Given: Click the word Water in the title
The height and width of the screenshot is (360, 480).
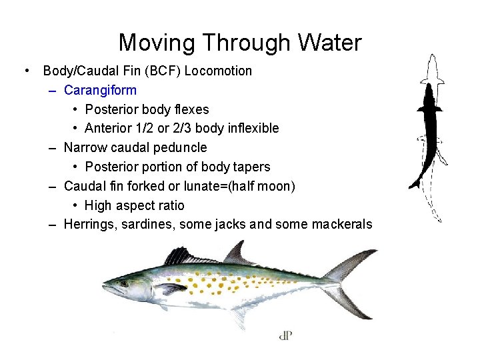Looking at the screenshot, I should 330,43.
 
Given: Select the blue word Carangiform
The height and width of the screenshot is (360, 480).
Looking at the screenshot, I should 100,90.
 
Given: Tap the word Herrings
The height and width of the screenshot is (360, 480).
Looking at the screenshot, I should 91,225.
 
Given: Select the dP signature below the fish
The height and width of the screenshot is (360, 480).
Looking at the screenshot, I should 286,335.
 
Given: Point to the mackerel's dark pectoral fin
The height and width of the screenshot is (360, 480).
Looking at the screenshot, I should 170,289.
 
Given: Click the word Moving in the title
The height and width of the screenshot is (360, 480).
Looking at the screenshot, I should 157,43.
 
